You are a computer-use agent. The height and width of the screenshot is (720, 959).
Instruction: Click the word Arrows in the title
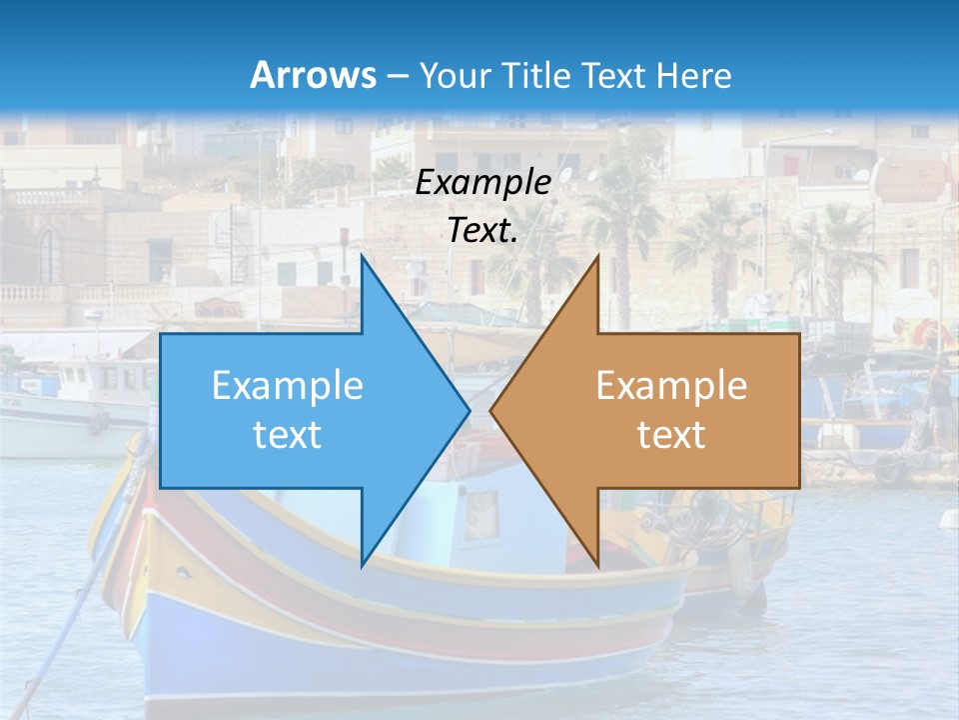[x=314, y=75]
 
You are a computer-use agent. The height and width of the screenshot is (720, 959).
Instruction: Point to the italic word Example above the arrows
[x=482, y=182]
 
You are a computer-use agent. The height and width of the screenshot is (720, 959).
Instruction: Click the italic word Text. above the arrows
[x=482, y=230]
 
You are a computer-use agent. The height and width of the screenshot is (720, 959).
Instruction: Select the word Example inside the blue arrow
[x=288, y=385]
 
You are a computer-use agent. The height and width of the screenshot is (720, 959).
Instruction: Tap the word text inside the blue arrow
[x=288, y=434]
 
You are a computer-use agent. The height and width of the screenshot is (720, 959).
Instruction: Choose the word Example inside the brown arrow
[x=671, y=385]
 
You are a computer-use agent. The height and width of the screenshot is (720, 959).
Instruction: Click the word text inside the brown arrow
[x=671, y=434]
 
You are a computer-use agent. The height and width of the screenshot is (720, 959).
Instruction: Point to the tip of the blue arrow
[x=468, y=410]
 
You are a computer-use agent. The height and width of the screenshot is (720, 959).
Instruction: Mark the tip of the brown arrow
[x=492, y=410]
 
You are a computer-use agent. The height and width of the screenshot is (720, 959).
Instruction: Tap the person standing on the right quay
[x=939, y=400]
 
